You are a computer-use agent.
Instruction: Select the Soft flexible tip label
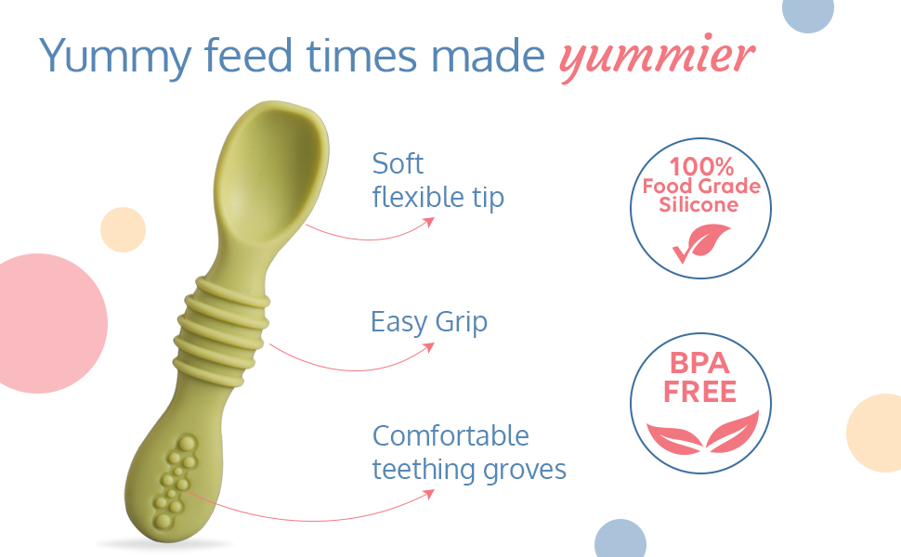click(437, 181)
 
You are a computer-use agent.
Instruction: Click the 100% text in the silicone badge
click(701, 166)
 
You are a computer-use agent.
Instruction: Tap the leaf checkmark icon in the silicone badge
click(701, 243)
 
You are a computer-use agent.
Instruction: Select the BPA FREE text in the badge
click(699, 377)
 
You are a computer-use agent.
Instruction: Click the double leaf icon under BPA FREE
click(702, 433)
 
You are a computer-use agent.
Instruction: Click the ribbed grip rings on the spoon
click(221, 330)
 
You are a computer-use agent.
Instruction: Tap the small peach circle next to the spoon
click(123, 229)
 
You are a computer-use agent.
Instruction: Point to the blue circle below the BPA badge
click(620, 539)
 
